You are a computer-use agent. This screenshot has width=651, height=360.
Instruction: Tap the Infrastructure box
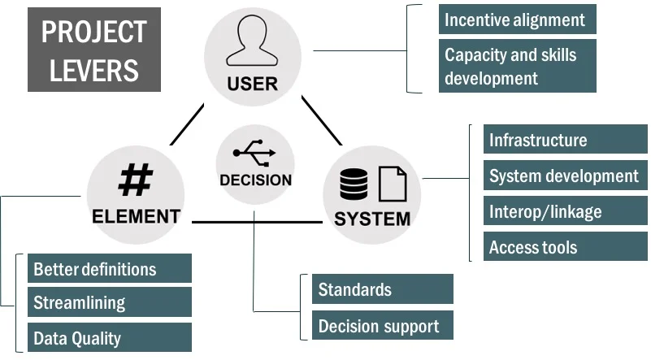[565, 140]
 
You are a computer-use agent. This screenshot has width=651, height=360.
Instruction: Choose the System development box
[565, 176]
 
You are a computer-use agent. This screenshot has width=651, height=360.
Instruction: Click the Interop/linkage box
[565, 211]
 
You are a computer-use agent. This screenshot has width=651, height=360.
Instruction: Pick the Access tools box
[565, 247]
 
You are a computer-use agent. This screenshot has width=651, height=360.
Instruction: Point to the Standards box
[382, 289]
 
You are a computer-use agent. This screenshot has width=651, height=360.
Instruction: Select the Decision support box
[382, 326]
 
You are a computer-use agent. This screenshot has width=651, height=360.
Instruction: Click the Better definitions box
[110, 268]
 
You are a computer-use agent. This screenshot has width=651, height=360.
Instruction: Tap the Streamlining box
[110, 302]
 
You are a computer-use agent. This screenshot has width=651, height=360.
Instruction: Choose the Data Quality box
[110, 337]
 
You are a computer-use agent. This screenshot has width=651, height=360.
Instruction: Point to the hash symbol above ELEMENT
[135, 180]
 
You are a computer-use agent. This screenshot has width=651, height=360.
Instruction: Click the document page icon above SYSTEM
[393, 184]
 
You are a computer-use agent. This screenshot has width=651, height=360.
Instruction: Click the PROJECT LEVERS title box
[93, 50]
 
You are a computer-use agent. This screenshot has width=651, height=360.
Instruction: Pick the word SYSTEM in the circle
[372, 219]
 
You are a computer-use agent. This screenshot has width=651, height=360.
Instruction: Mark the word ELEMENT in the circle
[136, 216]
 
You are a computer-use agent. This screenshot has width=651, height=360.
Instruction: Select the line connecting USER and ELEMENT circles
[187, 124]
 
